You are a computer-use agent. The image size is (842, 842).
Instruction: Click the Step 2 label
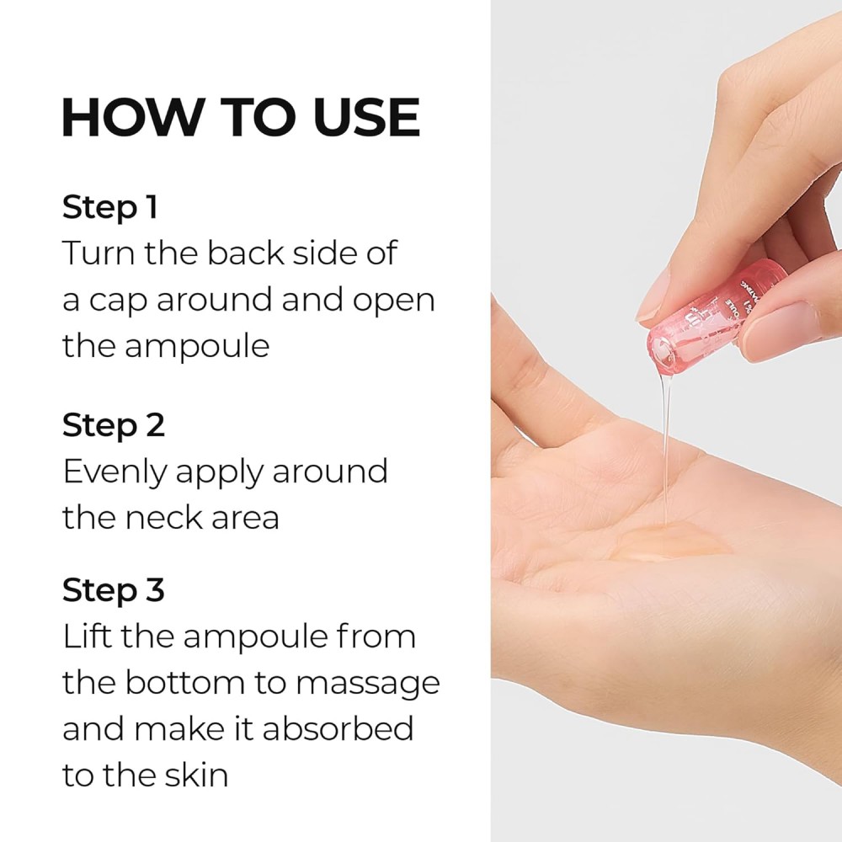[x=113, y=425]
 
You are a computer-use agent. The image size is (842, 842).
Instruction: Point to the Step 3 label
[x=113, y=590]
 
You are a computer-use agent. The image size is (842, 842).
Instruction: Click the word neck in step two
[x=165, y=516]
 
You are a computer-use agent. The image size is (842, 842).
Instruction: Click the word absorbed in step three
[x=338, y=727]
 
